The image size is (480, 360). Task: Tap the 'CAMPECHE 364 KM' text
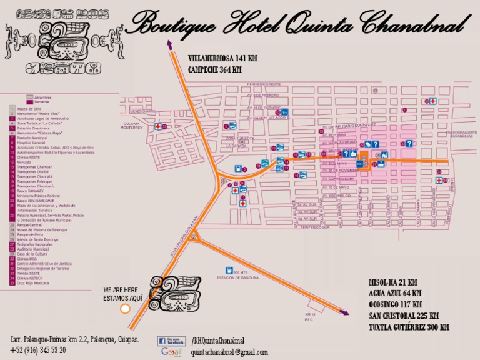coord(214,69)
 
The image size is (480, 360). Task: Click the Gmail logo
coord(172,352)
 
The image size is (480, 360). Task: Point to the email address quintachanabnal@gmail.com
coord(229,352)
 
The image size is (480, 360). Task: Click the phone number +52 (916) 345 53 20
coord(38,350)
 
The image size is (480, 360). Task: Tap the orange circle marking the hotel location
coord(125,309)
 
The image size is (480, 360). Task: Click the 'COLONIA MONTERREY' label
coord(132,126)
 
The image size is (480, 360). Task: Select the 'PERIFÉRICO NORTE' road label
coord(264,84)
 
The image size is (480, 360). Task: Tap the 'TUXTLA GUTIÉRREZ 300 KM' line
coord(409,327)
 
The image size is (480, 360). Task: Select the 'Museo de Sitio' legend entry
coord(26,109)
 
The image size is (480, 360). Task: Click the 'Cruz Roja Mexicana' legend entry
coord(31,283)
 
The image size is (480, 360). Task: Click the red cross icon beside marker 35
coord(432,101)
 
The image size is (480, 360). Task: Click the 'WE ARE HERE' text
coord(121,290)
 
